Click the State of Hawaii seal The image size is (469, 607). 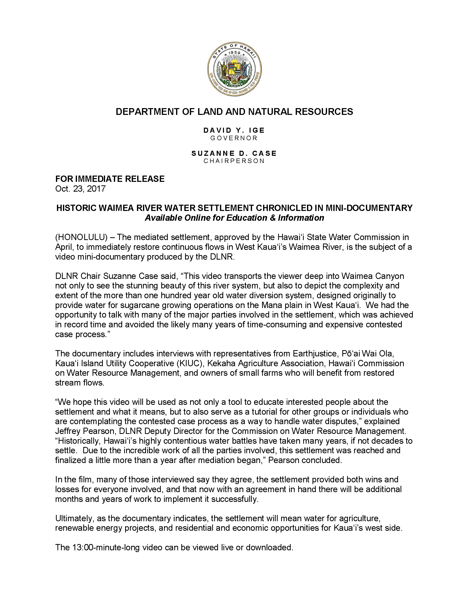point(234,69)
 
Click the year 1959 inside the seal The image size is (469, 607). point(234,53)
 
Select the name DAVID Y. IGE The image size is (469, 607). point(234,130)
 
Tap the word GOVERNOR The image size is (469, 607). point(234,138)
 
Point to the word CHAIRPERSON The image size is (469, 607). point(234,161)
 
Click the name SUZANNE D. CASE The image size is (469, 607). point(234,154)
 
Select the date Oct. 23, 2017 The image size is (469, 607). point(80,189)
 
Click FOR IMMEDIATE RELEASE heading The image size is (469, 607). point(110,179)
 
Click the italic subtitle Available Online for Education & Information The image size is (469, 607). point(234,218)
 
